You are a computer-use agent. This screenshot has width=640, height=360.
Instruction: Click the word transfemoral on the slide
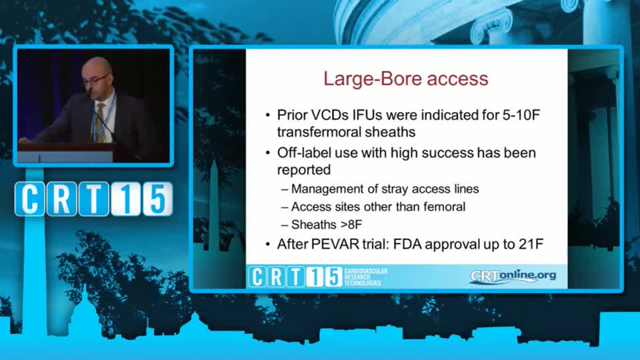pos(319,132)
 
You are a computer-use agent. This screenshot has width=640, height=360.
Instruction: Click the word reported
pos(304,170)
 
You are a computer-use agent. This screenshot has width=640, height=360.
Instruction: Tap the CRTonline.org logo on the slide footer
pos(513,276)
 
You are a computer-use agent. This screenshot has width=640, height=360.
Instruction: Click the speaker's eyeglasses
pos(96,79)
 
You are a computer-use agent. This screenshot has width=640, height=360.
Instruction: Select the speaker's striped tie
pos(99,122)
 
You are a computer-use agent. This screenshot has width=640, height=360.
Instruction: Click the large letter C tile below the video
pos(30,199)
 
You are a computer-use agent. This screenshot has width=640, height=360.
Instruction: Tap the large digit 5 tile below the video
pos(157,199)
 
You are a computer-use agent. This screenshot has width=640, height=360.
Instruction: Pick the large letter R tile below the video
pos(61,199)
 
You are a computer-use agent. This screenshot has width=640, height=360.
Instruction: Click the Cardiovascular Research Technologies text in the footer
pos(365,277)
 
